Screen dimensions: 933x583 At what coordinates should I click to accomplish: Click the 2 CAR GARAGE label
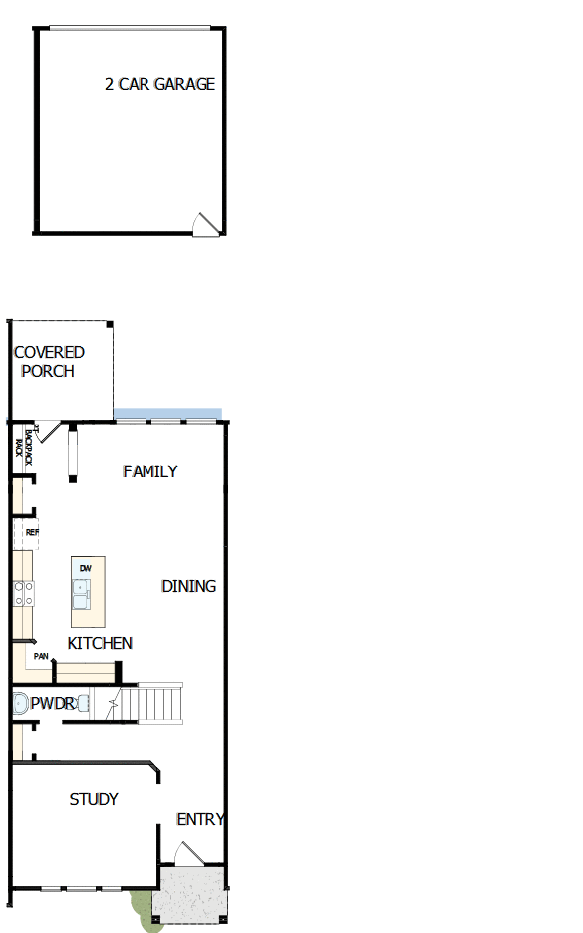pos(159,85)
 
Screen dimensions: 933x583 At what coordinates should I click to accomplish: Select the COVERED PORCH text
pos(48,362)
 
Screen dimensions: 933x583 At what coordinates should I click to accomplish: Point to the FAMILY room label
pos(150,471)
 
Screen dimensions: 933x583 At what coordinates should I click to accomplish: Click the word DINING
pos(188,586)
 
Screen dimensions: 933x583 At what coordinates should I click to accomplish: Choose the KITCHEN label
pos(100,643)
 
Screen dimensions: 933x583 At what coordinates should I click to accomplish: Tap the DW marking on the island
pos(85,569)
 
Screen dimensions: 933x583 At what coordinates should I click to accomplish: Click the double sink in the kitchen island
pos(81,595)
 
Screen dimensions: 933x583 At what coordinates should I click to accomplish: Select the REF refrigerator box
pos(31,533)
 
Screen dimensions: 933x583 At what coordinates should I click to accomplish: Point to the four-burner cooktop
pos(23,594)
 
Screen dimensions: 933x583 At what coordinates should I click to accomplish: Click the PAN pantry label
pos(41,656)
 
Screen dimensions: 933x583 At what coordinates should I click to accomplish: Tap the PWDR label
pos(52,704)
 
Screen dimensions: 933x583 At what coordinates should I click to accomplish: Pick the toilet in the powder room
pos(19,704)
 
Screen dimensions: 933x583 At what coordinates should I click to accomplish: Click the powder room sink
pos(84,704)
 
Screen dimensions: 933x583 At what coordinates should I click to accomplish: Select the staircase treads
pos(159,702)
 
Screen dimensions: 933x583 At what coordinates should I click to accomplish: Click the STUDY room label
pos(94,799)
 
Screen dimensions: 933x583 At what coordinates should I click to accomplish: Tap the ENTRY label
pos(200,820)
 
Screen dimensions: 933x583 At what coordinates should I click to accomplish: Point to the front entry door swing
pos(188,853)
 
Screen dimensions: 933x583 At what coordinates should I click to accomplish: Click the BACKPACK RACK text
pos(23,445)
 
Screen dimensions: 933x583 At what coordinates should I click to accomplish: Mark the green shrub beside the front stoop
pos(142,909)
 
